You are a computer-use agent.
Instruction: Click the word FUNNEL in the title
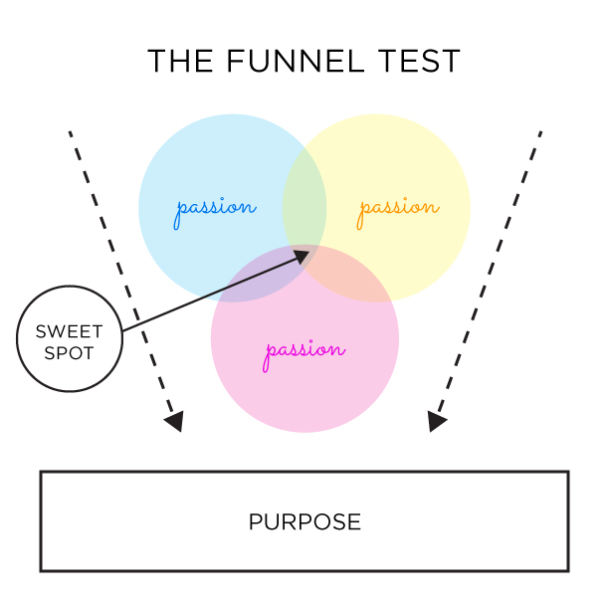(297, 62)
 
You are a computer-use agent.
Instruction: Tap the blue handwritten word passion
(215, 209)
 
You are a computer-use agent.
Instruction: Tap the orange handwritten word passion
(398, 208)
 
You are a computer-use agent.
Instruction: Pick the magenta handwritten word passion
(304, 351)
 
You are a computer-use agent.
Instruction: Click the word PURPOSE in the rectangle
(304, 521)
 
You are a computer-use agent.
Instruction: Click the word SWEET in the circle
(70, 331)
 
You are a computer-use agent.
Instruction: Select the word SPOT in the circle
(70, 352)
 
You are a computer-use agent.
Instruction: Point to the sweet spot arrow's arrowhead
(303, 255)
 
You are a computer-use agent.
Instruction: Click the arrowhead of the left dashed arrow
(174, 422)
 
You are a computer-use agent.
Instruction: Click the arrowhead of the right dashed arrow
(436, 422)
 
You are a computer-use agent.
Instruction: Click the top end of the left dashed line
(70, 131)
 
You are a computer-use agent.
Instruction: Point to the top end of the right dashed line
(540, 130)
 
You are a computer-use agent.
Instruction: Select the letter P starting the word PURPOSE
(255, 521)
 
